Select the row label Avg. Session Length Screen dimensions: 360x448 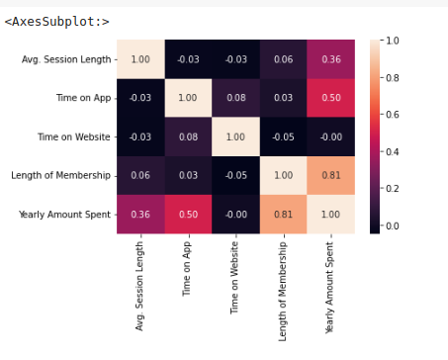coord(66,59)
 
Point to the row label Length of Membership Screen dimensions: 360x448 coord(65,175)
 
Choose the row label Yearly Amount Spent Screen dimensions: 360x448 coord(67,214)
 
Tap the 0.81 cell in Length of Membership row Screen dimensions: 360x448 coord(328,175)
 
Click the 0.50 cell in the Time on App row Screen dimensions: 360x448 coord(328,98)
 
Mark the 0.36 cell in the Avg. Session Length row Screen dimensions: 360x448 coord(328,59)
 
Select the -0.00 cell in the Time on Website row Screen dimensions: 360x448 coord(328,136)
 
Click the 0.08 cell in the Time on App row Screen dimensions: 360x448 coord(234,98)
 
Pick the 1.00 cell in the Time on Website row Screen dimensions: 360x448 coord(234,136)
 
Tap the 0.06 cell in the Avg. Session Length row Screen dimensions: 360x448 coord(282,59)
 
